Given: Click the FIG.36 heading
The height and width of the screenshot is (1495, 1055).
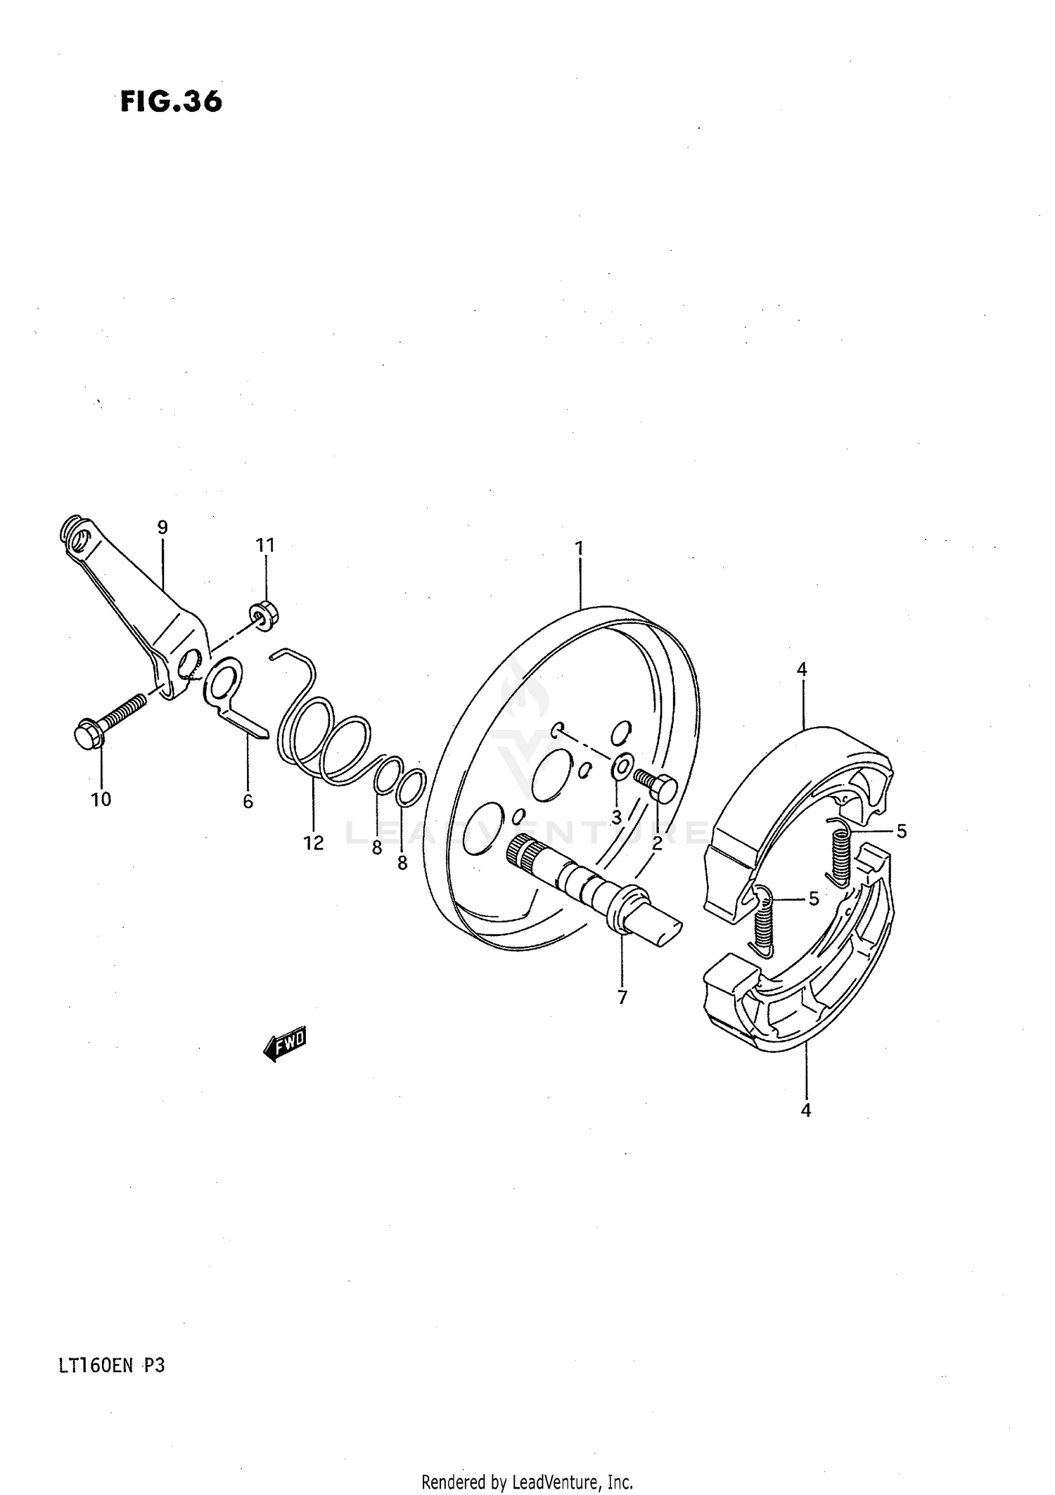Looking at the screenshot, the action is point(171,102).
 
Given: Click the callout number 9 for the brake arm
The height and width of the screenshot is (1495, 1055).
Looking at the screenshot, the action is point(162,527).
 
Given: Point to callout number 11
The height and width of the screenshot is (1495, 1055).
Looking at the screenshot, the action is point(265,545).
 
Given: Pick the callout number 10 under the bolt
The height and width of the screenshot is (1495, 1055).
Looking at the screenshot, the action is point(101,799).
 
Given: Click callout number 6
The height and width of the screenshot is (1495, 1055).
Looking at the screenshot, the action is point(248,801).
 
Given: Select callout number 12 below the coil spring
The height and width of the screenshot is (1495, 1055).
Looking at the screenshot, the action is point(314,842).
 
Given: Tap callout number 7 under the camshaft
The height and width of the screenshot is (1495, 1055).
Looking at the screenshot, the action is point(622,997).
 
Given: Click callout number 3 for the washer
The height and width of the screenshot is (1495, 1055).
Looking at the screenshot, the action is point(616,818).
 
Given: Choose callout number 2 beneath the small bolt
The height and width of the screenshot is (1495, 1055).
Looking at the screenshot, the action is point(657,843).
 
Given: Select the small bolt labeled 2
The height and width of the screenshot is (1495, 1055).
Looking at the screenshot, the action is point(658,785).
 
